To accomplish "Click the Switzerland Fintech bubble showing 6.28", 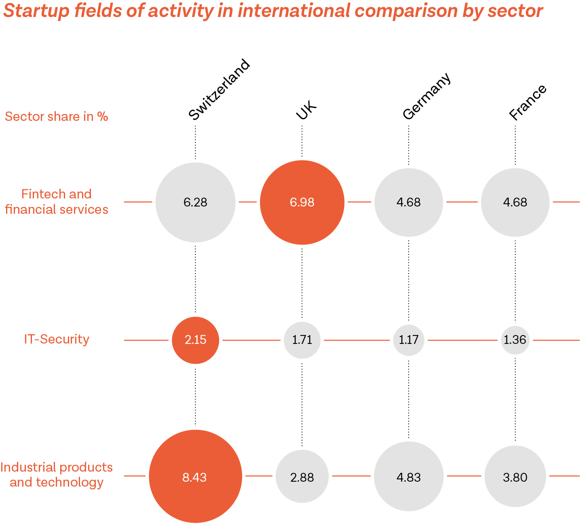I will [x=195, y=202].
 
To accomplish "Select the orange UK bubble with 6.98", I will [x=302, y=202].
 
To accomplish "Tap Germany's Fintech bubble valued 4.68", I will [x=409, y=202].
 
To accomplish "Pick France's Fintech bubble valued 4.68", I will [x=515, y=202].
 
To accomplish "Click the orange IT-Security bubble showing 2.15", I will [x=195, y=340].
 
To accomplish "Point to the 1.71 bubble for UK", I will [x=302, y=340].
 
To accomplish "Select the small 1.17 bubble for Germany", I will [x=409, y=340].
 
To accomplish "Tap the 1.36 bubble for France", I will [x=515, y=340].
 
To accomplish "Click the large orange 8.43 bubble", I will [x=195, y=476].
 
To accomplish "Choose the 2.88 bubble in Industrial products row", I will [x=302, y=476].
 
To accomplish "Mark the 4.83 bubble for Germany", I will [x=409, y=476].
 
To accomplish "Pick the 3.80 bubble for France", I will [x=515, y=476].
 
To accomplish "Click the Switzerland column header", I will [x=219, y=89].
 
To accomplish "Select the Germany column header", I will [x=426, y=96].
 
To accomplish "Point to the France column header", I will [x=527, y=102].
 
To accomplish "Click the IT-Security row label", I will [x=57, y=339].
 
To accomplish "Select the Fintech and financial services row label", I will [x=57, y=202].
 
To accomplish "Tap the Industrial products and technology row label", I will [x=57, y=474].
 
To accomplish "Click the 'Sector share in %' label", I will [x=57, y=116].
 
